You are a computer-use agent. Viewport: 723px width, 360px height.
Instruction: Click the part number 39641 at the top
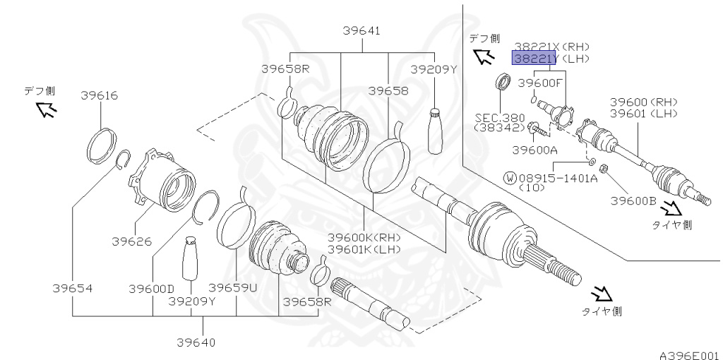coord(362,31)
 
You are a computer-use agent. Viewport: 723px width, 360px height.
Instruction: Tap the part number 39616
coord(99,95)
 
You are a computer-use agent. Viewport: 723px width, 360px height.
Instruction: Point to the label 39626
coord(131,241)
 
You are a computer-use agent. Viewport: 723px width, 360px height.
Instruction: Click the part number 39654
coord(72,288)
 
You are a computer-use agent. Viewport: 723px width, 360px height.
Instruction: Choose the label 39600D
coord(151,288)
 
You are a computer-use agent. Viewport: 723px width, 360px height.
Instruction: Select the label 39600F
coord(540,83)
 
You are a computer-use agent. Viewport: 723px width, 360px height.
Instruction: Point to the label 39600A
coord(534,150)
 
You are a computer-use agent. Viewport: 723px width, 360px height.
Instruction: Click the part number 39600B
coord(633,201)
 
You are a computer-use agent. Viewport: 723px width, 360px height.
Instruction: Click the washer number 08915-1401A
coord(560,178)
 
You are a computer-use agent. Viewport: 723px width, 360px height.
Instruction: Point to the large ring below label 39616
coord(101,145)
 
